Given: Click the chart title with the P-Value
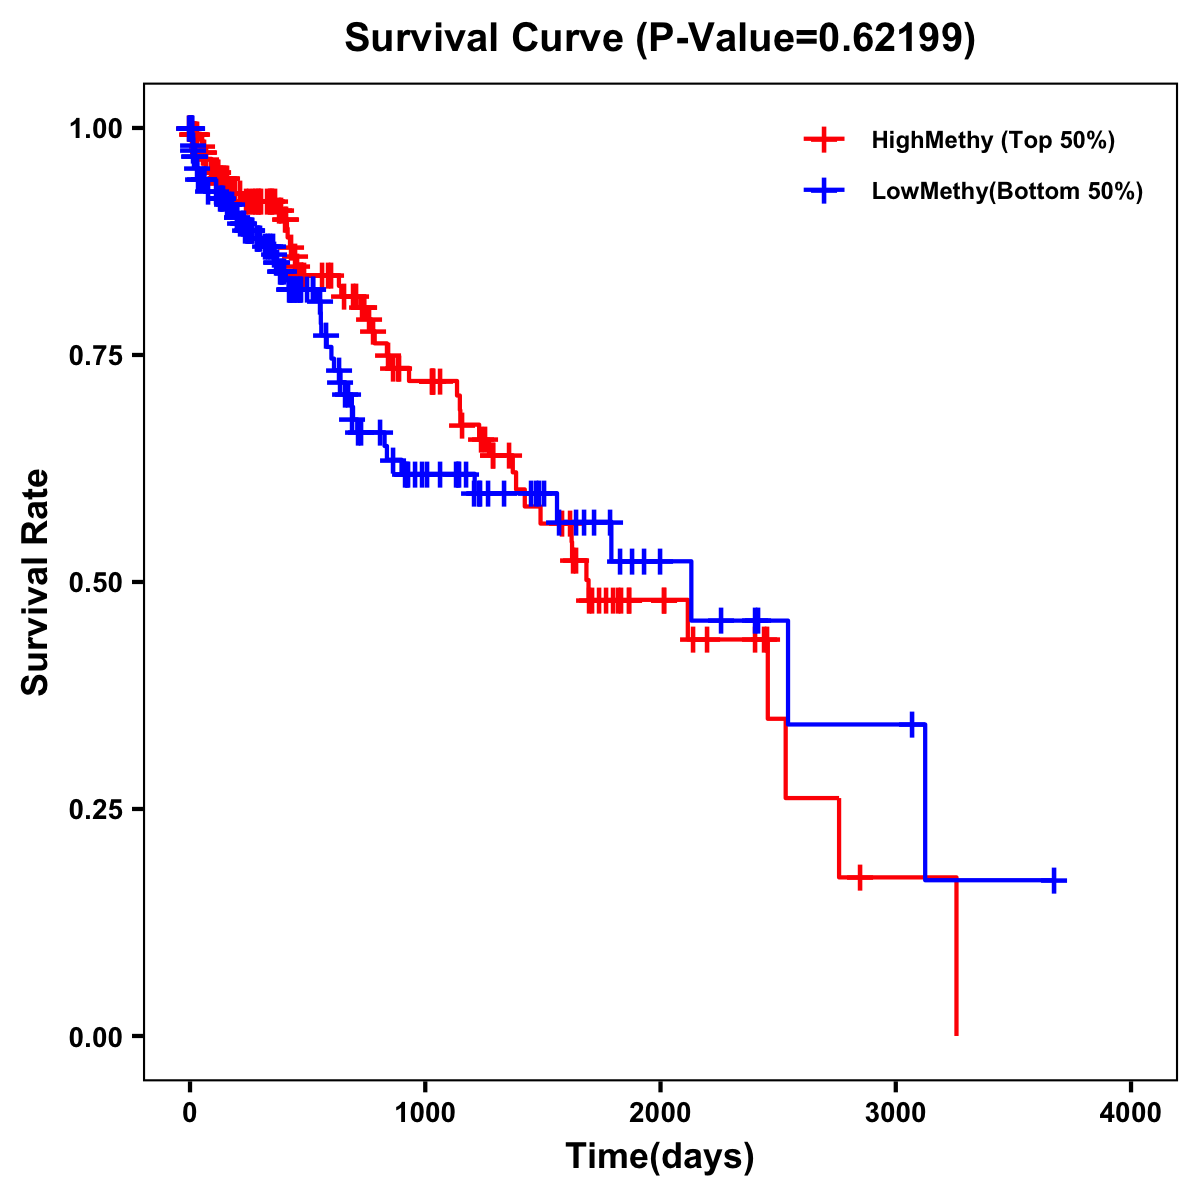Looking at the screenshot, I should click(x=659, y=38).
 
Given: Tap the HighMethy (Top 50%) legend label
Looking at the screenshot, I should click(x=993, y=140).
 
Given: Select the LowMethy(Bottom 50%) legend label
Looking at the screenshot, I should click(x=1007, y=191).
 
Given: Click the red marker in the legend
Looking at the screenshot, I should click(x=824, y=140).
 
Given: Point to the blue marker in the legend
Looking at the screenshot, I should click(x=824, y=191).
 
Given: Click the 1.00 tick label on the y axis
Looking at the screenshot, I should click(x=96, y=128).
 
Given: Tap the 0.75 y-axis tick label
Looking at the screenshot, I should click(x=96, y=355).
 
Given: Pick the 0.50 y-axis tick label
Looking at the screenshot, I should click(x=96, y=582).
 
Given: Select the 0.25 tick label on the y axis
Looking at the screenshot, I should click(x=96, y=809).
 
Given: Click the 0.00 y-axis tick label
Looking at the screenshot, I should click(x=96, y=1036).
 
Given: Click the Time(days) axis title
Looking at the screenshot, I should click(x=660, y=1157).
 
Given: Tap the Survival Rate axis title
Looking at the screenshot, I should click(x=36, y=582).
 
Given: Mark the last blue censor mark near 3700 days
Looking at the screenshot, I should click(x=1054, y=880).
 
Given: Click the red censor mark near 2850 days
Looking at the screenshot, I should click(x=859, y=878).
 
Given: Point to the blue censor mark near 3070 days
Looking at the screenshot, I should click(x=912, y=724).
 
